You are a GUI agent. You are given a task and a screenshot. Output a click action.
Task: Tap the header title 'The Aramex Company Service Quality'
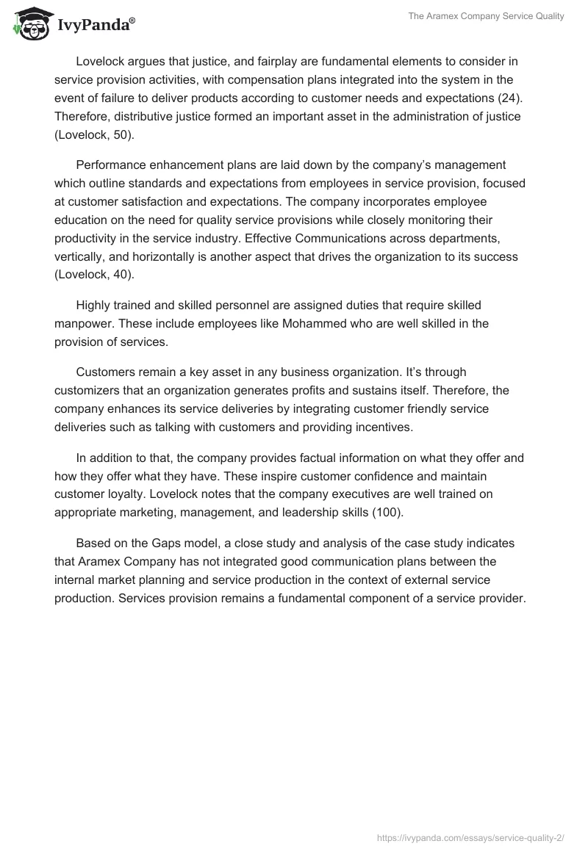pyautogui.click(x=486, y=17)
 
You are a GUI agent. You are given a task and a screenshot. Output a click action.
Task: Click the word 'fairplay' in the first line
pyautogui.click(x=271, y=59)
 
